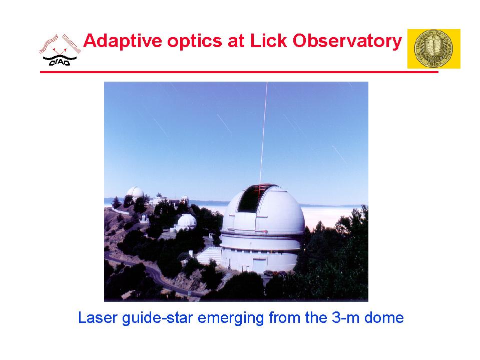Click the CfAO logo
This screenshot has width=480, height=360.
60,50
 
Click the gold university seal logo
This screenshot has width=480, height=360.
433,49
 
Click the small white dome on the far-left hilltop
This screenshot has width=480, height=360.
135,193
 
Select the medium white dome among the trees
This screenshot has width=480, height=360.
187,221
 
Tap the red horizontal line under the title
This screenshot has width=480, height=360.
239,72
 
